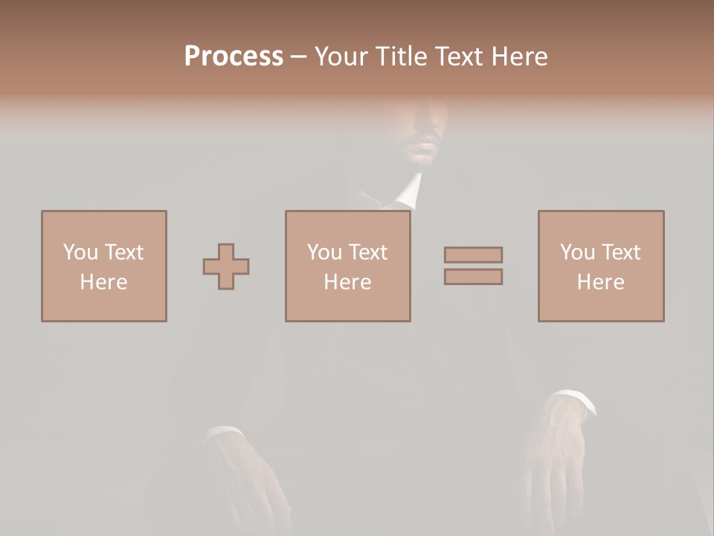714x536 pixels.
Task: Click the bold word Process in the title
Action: [x=234, y=57]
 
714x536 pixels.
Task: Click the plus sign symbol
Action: [x=226, y=266]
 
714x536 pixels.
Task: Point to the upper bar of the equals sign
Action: [x=473, y=255]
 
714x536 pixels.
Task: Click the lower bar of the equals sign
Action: [x=473, y=276]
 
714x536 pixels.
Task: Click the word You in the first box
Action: [x=80, y=252]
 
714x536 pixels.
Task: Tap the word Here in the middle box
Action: [x=347, y=282]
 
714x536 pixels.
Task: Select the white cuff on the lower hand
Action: [x=223, y=433]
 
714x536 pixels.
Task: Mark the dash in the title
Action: [x=299, y=57]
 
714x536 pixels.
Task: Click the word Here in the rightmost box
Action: [x=600, y=282]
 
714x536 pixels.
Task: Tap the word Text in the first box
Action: [x=123, y=252]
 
